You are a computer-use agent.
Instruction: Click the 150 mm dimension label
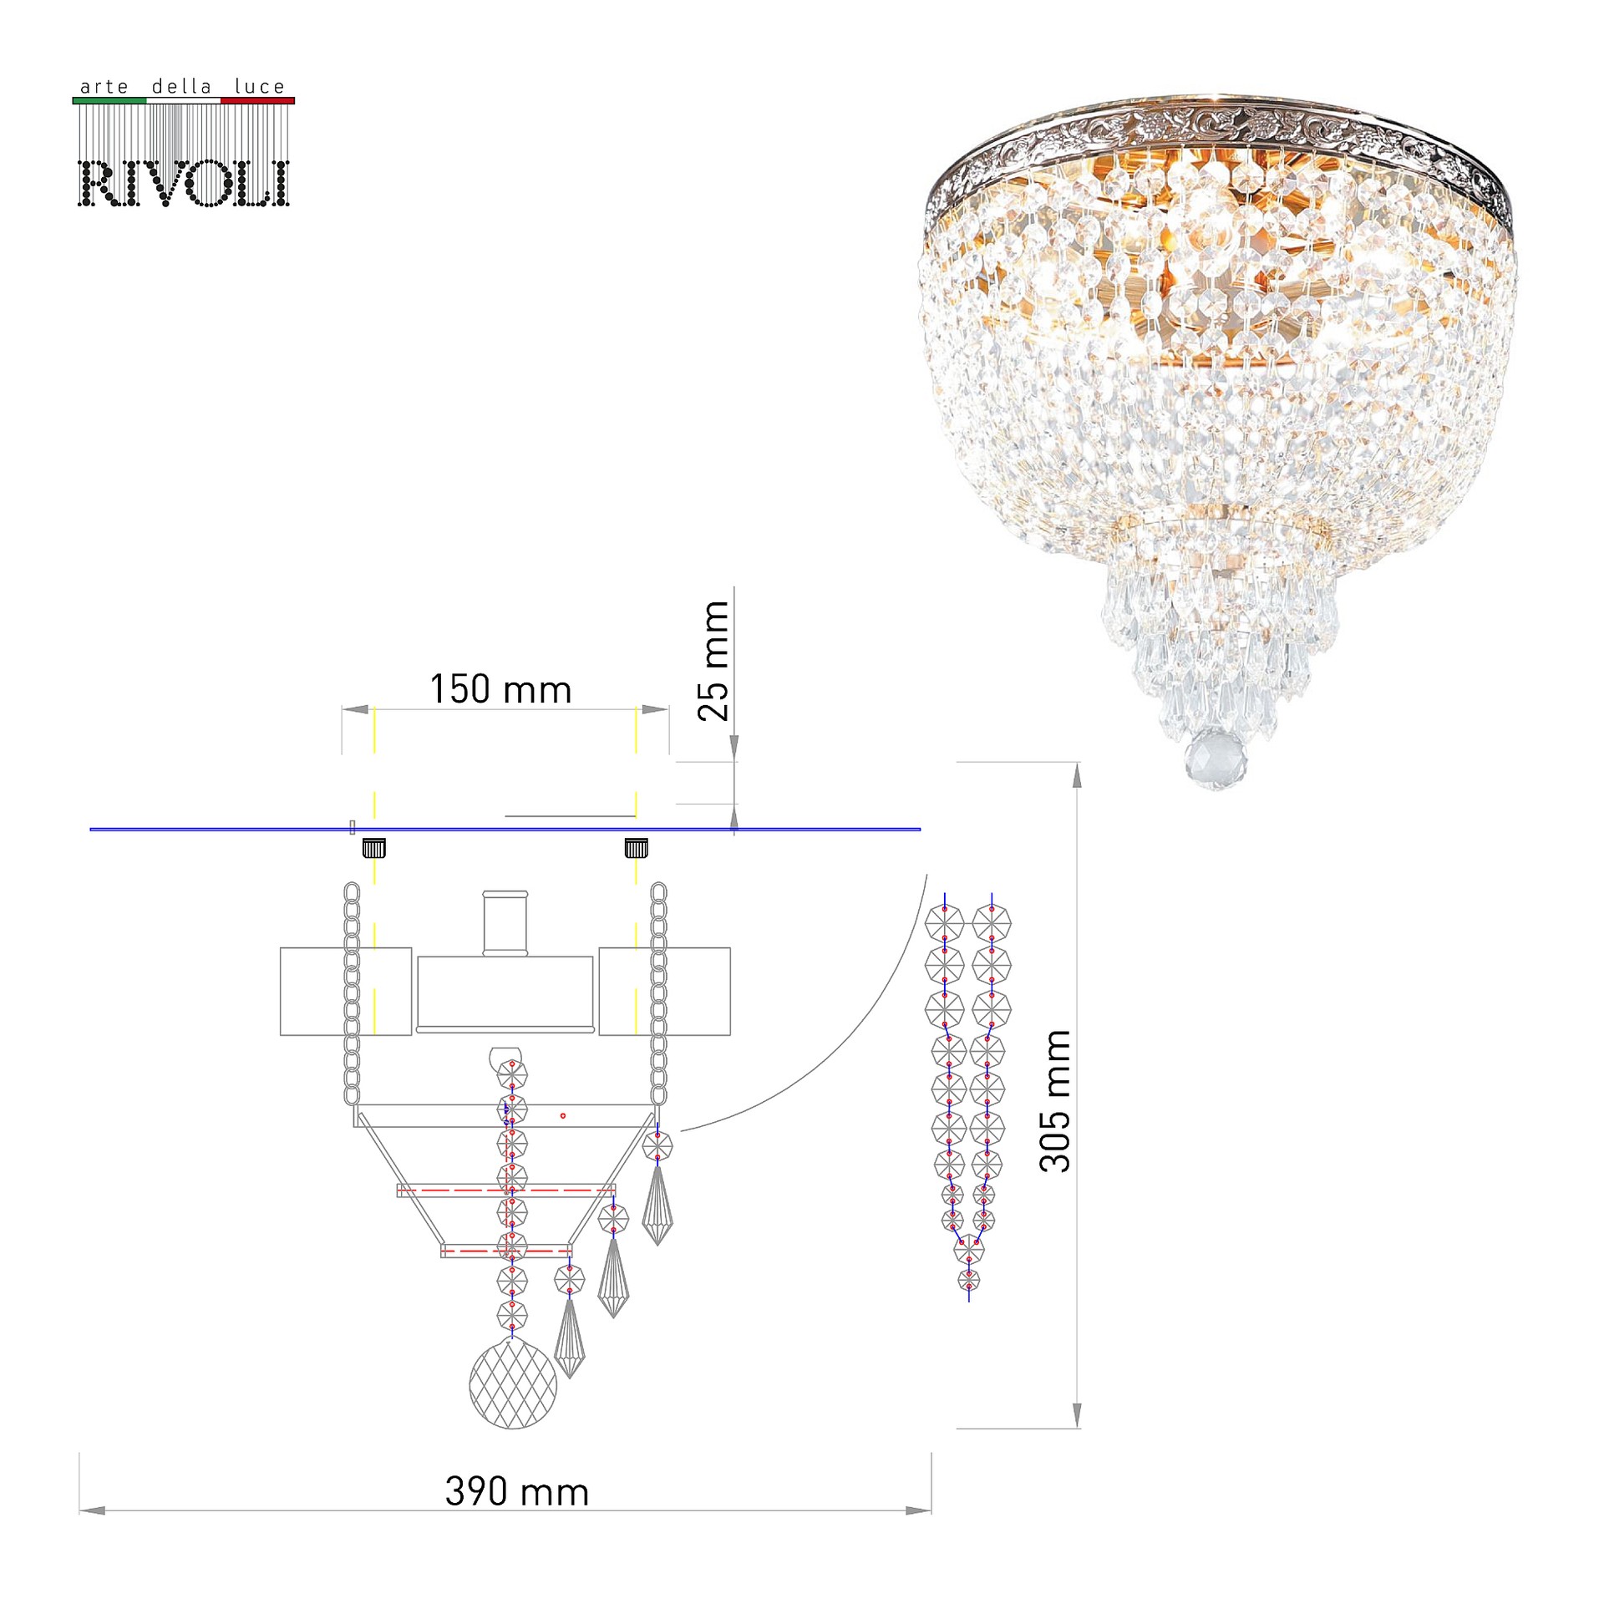tap(500, 690)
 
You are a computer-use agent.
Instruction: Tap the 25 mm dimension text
tap(713, 660)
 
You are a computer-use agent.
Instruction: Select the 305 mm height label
tap(1054, 1101)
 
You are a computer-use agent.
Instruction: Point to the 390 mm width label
tap(517, 1492)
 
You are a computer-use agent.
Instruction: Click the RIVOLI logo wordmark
tap(184, 183)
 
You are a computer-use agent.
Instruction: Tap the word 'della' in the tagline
tap(181, 86)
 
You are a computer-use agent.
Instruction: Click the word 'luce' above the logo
tap(259, 86)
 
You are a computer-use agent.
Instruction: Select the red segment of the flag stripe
tap(257, 100)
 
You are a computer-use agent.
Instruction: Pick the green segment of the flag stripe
tap(109, 100)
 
